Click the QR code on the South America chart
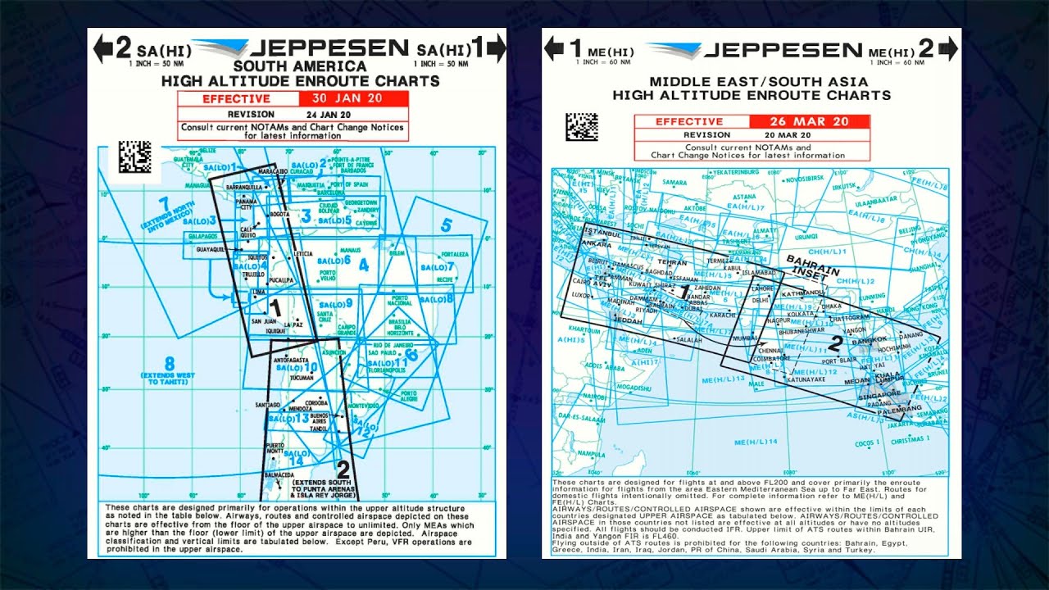click(x=135, y=156)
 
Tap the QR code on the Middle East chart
click(x=582, y=127)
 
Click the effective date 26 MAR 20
click(x=809, y=121)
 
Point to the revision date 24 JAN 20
click(x=328, y=114)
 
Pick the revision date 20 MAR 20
click(x=788, y=134)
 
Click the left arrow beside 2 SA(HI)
click(x=102, y=49)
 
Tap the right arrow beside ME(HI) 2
click(x=948, y=48)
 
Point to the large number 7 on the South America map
click(x=164, y=202)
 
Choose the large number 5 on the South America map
click(x=446, y=225)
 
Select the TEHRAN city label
click(x=672, y=262)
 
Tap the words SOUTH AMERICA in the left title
click(x=300, y=66)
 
